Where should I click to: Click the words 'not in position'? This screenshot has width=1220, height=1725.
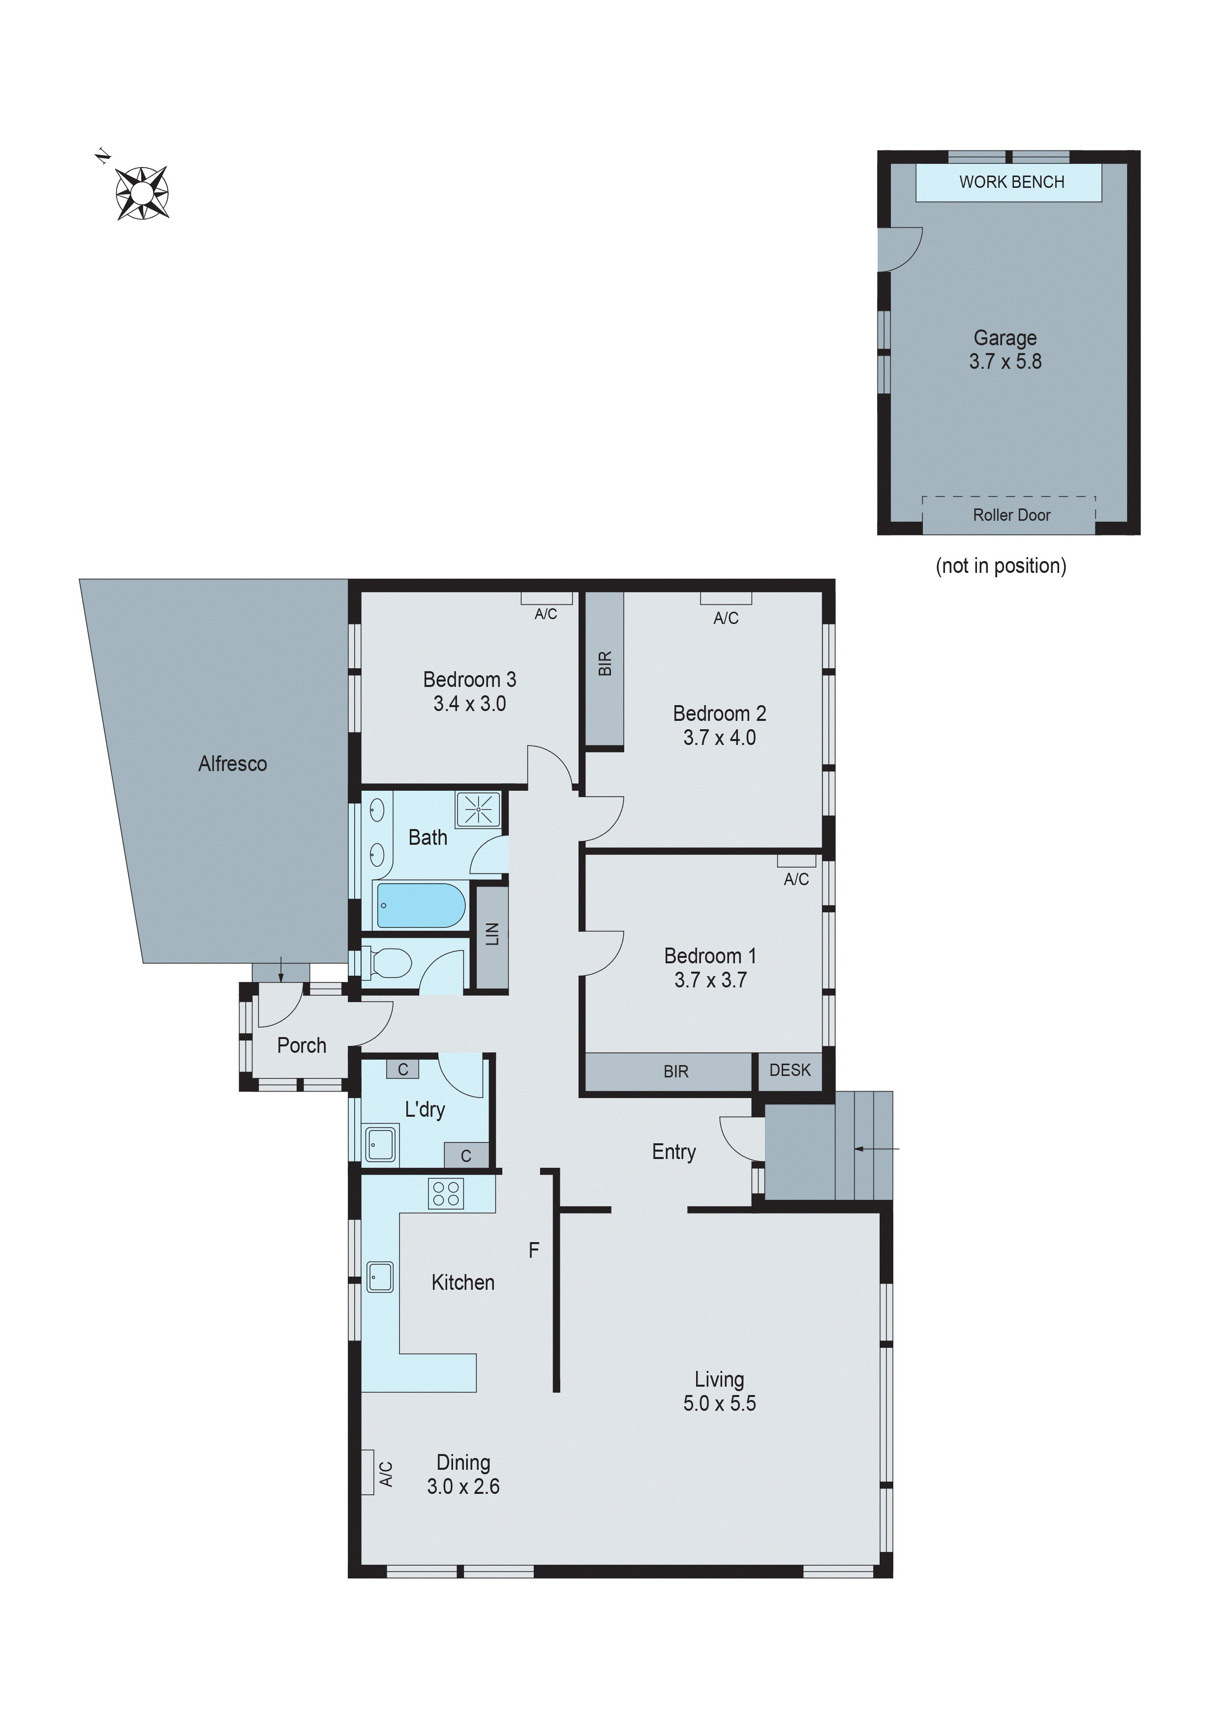pyautogui.click(x=1001, y=565)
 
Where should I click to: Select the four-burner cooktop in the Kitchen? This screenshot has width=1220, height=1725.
pyautogui.click(x=446, y=1193)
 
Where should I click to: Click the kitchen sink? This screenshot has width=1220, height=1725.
pyautogui.click(x=380, y=1277)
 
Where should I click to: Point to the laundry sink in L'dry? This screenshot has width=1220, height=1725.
pyautogui.click(x=380, y=1144)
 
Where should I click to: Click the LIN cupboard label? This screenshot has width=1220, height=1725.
pyautogui.click(x=492, y=934)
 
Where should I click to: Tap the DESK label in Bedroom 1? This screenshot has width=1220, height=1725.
pyautogui.click(x=789, y=1070)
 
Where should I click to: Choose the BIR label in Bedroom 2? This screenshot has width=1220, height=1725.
pyautogui.click(x=605, y=663)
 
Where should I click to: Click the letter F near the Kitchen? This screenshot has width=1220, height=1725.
pyautogui.click(x=534, y=1250)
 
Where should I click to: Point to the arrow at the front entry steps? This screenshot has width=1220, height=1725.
pyautogui.click(x=876, y=1149)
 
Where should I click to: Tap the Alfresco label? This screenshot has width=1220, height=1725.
pyautogui.click(x=232, y=764)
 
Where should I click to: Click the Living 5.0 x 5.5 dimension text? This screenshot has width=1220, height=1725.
pyautogui.click(x=719, y=1403)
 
